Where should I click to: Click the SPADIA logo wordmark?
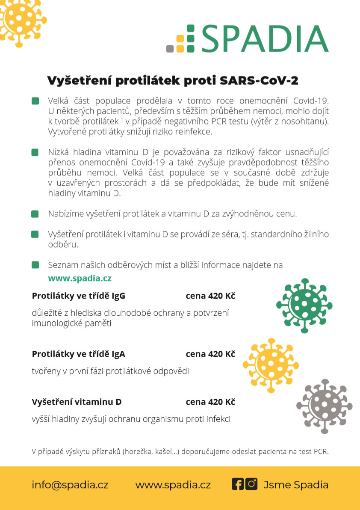coord(265,39)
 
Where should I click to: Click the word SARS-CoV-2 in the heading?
coord(259,80)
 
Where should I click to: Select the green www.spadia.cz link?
coord(80,278)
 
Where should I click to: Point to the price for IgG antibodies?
coord(210,296)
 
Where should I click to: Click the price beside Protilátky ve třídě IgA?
coord(210,354)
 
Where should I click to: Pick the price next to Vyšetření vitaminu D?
coord(210,402)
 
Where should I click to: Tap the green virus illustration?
coord(304,305)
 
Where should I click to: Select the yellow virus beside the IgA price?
coord(270,364)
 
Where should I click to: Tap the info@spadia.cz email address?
coord(70,485)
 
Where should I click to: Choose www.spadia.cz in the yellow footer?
coord(173,485)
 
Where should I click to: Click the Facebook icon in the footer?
coord(237,484)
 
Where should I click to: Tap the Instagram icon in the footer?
coord(251,484)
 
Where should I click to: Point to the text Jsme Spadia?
coord(296,485)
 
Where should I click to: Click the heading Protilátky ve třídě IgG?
coord(79,296)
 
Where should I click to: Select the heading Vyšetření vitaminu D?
coord(77,402)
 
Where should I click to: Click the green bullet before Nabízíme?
coord(35,214)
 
